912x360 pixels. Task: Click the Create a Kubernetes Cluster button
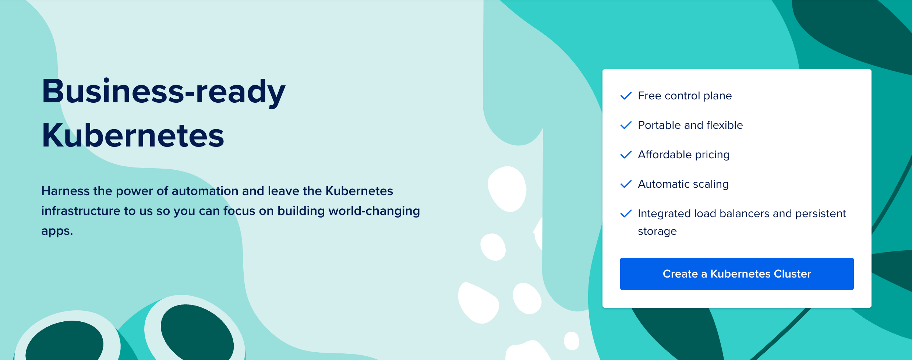[x=736, y=274]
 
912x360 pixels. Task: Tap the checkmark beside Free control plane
[x=626, y=96]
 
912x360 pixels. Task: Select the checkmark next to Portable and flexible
[x=626, y=125]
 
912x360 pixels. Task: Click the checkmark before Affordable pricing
[x=626, y=155]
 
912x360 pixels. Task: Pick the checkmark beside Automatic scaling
[x=626, y=184]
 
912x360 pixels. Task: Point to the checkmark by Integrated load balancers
[x=626, y=213]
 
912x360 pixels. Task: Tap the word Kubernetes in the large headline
[x=133, y=135]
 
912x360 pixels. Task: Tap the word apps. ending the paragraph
[x=57, y=231]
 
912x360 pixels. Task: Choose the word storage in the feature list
[x=657, y=231]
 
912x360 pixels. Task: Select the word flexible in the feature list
[x=725, y=125]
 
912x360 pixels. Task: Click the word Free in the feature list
[x=650, y=96]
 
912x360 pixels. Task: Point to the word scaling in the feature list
[x=711, y=184]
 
